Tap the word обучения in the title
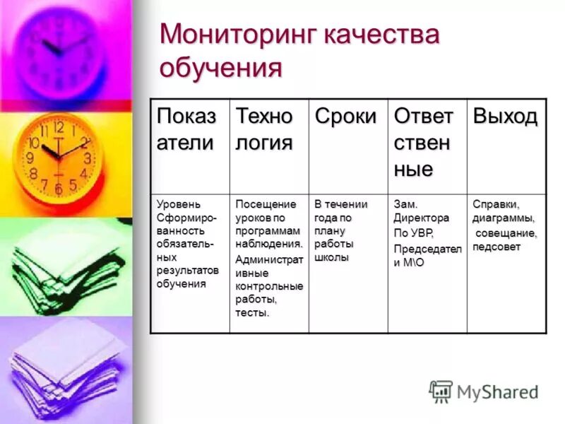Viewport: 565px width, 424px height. click(220, 69)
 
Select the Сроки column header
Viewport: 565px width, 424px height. click(345, 117)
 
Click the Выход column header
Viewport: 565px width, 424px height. click(504, 117)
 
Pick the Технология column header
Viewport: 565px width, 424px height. click(264, 129)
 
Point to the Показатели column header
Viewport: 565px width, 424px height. click(187, 129)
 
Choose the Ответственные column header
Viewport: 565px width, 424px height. click(423, 143)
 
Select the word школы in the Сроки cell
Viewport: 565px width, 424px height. click(331, 258)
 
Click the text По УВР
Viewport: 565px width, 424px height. click(413, 232)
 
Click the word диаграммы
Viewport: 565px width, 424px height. click(503, 218)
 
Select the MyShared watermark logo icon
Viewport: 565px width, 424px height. click(441, 391)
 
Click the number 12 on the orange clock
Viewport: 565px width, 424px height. click(58, 128)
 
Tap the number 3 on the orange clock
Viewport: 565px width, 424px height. click(88, 158)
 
